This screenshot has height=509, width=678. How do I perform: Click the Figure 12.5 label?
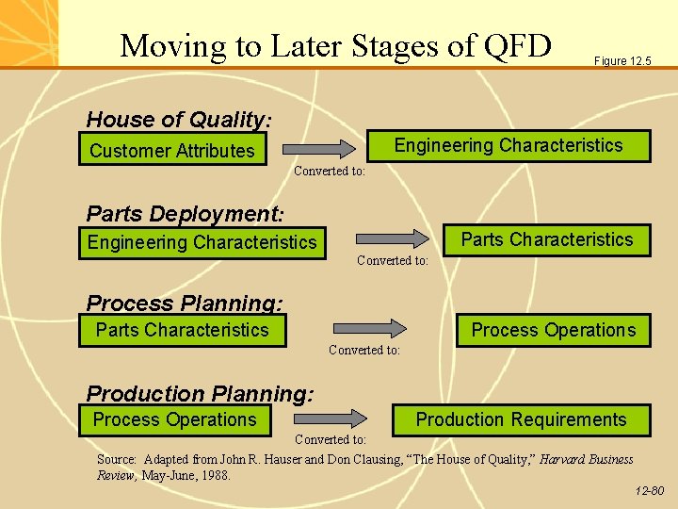[622, 61]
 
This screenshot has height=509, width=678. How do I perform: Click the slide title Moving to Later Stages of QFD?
[335, 44]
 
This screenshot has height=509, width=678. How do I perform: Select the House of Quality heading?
[179, 120]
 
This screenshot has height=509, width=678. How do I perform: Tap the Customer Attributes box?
[172, 151]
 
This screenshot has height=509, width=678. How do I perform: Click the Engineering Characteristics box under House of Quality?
[508, 146]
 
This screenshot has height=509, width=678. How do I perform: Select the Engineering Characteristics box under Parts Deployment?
[202, 242]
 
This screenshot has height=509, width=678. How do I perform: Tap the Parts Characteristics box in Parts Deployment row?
[547, 239]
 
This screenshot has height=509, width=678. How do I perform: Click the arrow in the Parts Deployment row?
[387, 239]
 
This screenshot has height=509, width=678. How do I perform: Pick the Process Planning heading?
[185, 303]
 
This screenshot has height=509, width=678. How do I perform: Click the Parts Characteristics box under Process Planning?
[183, 330]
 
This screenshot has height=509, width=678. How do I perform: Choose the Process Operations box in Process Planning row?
[554, 330]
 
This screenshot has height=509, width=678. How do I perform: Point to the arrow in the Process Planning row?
[369, 328]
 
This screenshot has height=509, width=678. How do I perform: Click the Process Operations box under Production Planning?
[175, 419]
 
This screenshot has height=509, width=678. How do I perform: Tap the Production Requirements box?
[521, 419]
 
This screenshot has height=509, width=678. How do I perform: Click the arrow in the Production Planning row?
[331, 418]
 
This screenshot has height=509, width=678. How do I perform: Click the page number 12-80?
[649, 491]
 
